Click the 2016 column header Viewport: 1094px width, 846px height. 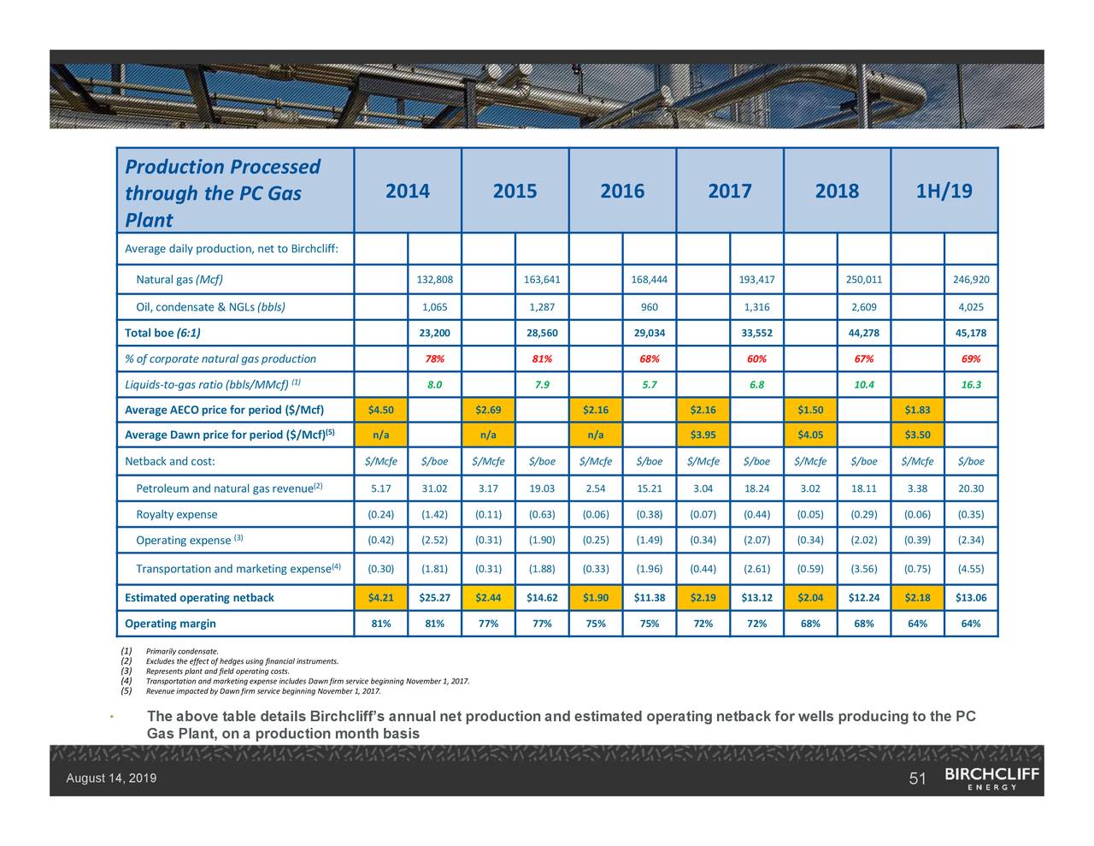(622, 191)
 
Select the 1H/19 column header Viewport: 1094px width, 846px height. (944, 191)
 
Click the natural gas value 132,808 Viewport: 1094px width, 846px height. (434, 280)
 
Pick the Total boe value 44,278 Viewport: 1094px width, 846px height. (864, 333)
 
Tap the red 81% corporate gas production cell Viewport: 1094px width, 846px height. (542, 358)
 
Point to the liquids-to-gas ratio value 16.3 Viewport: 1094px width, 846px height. (971, 384)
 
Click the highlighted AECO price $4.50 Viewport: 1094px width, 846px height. (380, 410)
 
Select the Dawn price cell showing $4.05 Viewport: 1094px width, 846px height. (810, 435)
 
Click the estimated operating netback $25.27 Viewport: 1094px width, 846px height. (434, 597)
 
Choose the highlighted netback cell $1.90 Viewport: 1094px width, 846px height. (596, 597)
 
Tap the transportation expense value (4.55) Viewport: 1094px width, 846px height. (971, 569)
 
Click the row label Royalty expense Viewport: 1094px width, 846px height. (176, 514)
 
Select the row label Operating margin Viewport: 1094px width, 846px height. (170, 623)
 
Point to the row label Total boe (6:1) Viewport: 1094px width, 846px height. (162, 333)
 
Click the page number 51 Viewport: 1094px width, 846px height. (918, 778)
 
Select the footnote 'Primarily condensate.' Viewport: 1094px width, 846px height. (182, 652)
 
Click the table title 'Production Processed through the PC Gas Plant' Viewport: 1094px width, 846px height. (222, 192)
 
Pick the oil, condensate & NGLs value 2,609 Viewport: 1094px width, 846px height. (864, 307)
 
